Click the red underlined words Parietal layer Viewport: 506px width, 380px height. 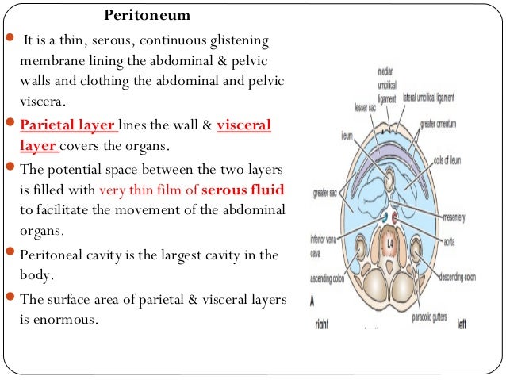tap(68, 125)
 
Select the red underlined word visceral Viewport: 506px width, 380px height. tap(243, 125)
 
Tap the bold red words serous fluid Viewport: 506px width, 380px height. tap(243, 190)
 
